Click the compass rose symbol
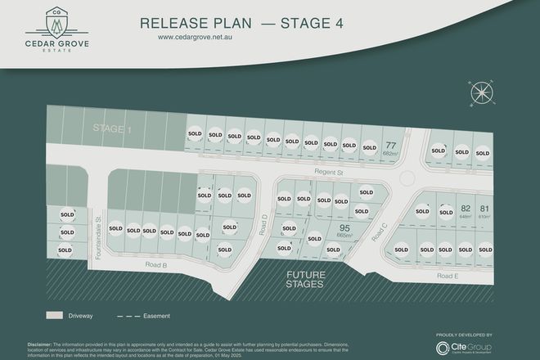pos(479,92)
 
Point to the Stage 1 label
pos(111,128)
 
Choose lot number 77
pos(391,146)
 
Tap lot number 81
pos(484,209)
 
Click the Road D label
pos(265,224)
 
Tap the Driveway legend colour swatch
pos(55,314)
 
